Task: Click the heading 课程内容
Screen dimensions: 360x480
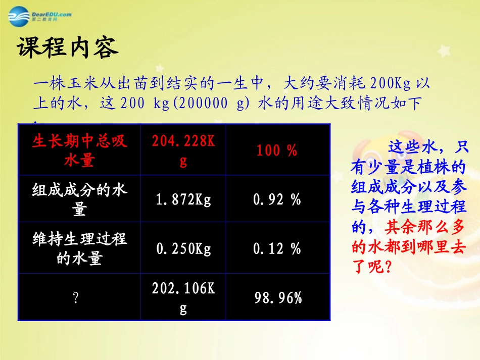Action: pyautogui.click(x=68, y=48)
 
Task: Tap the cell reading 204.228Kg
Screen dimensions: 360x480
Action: pyautogui.click(x=183, y=150)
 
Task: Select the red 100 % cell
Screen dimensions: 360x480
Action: pyautogui.click(x=277, y=150)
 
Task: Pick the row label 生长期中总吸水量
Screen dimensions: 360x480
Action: pyautogui.click(x=79, y=150)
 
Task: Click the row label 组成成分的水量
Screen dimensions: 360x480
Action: pyautogui.click(x=79, y=199)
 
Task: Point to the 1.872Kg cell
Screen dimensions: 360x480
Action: pyautogui.click(x=183, y=199)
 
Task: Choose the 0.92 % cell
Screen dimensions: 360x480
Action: pyautogui.click(x=277, y=199)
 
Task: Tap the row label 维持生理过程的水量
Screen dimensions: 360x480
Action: pyautogui.click(x=79, y=248)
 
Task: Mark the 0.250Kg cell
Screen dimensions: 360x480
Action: pyautogui.click(x=183, y=248)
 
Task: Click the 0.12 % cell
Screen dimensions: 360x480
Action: pyautogui.click(x=277, y=248)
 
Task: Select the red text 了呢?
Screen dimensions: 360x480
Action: pyautogui.click(x=372, y=266)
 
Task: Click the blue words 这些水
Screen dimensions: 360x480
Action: pyautogui.click(x=410, y=148)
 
